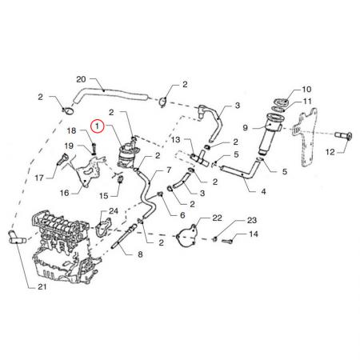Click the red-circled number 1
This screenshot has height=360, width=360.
click(98, 126)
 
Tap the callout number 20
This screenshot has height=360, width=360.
click(81, 79)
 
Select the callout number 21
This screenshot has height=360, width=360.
click(42, 286)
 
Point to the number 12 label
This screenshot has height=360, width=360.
click(330, 152)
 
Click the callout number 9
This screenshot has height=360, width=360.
click(246, 127)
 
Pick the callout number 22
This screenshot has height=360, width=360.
click(217, 218)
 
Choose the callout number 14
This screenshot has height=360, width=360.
click(254, 234)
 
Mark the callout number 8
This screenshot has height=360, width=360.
click(140, 254)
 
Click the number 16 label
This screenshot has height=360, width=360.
click(64, 193)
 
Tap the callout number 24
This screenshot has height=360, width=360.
click(114, 211)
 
